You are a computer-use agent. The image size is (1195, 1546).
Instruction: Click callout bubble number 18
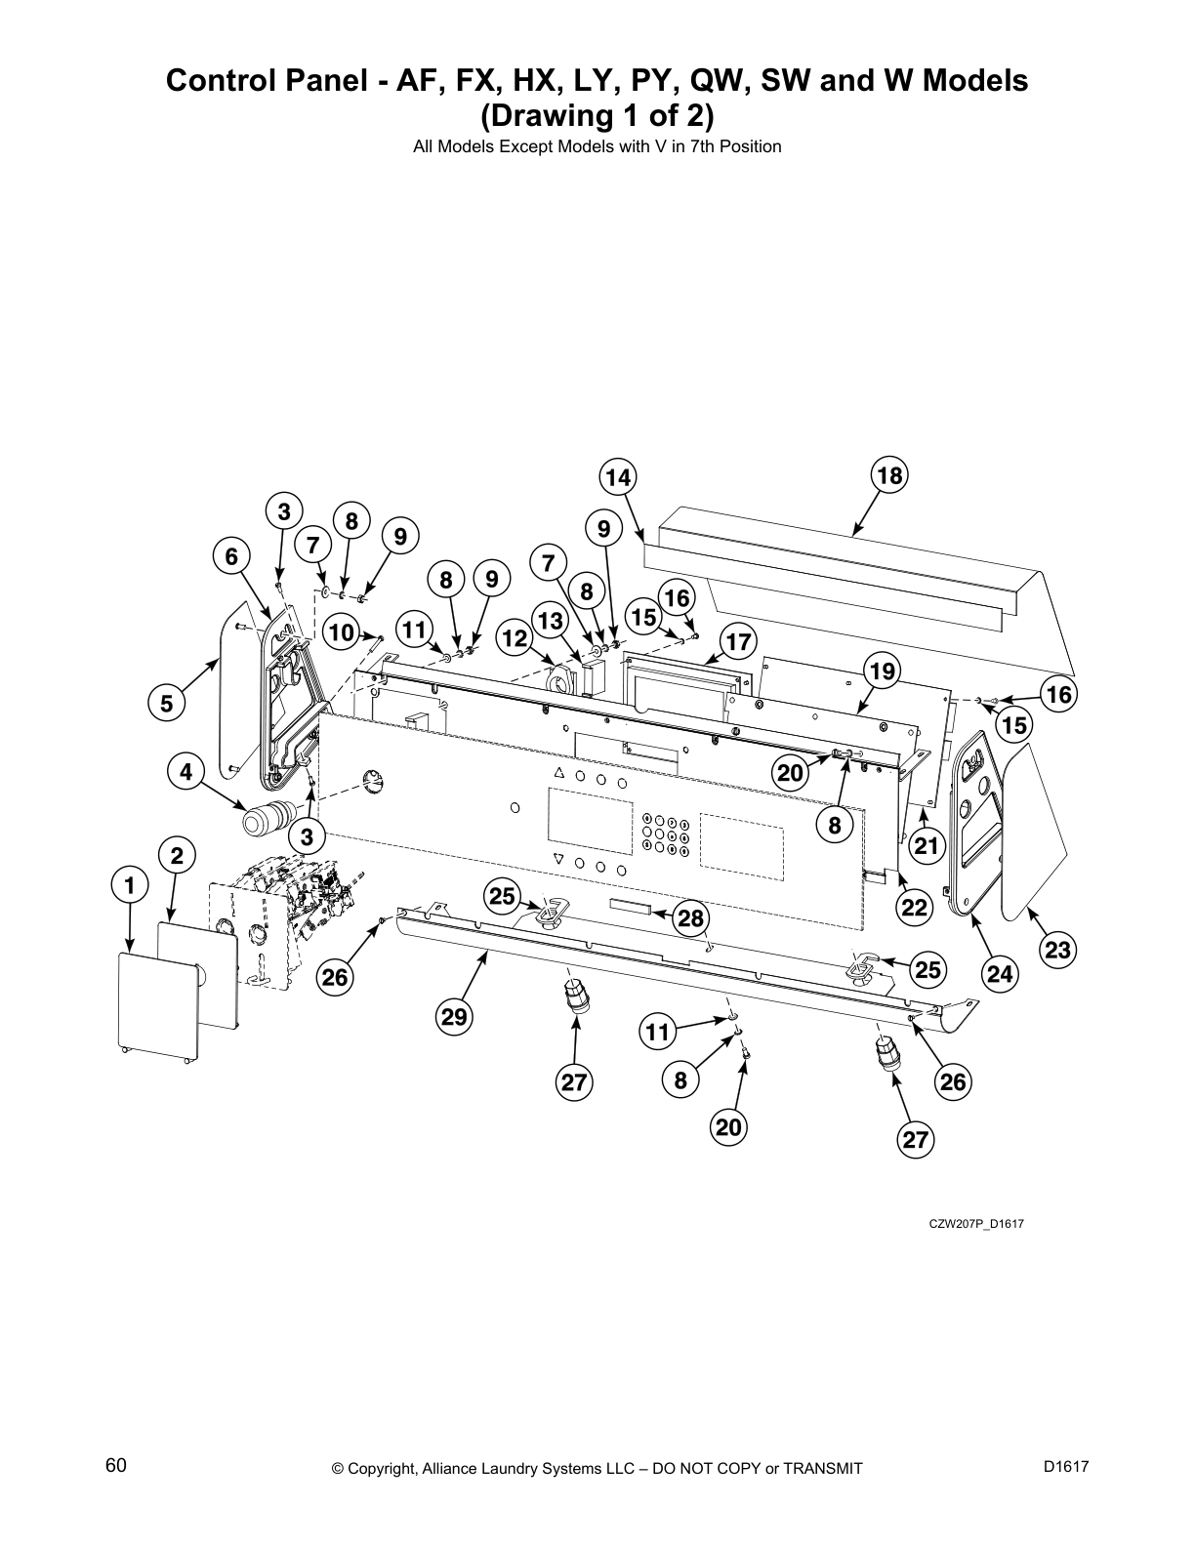click(x=888, y=475)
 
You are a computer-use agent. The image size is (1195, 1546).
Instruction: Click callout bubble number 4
click(x=185, y=772)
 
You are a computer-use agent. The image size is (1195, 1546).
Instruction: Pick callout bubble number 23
click(x=1057, y=950)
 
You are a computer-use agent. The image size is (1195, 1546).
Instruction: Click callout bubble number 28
click(x=690, y=917)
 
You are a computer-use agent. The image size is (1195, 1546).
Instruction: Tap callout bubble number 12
click(x=515, y=638)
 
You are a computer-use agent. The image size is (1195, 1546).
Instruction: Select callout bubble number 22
click(x=914, y=907)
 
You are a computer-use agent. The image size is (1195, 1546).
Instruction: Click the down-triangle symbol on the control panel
click(x=558, y=860)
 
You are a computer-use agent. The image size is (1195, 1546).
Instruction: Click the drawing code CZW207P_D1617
click(x=975, y=1224)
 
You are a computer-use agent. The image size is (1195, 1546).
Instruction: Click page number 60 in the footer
click(x=116, y=1465)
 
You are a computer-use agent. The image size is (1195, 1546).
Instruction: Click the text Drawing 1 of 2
click(x=597, y=116)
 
